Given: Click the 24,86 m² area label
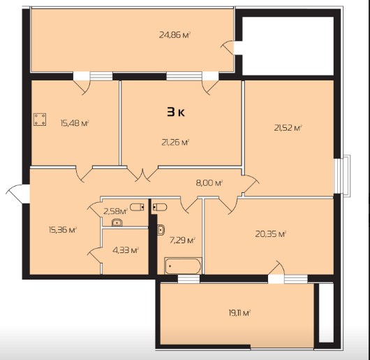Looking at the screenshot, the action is tap(175, 35).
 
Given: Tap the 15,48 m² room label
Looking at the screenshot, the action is tap(75, 123).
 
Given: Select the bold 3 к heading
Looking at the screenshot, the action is tap(176, 112).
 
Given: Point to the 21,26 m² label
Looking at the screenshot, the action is tap(176, 142).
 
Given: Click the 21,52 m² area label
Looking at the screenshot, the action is tap(288, 128).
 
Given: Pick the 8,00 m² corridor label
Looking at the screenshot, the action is tap(209, 183).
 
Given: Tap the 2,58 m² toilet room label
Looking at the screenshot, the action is tap(116, 211).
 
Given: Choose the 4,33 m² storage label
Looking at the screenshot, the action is tap(126, 250).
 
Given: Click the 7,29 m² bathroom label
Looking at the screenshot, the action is tap(182, 240).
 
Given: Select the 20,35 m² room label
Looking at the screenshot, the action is tap(271, 234).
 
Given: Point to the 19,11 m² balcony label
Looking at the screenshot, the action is tap(239, 313).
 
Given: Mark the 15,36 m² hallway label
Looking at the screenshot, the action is tap(63, 229).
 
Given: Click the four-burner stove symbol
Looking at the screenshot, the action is tap(40, 120).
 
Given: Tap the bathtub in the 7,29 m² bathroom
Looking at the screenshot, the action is tap(183, 266).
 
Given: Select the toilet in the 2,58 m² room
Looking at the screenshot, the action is tap(137, 207).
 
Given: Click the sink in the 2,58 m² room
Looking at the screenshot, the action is tap(117, 222).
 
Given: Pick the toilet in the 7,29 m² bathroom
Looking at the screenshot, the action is tap(160, 207).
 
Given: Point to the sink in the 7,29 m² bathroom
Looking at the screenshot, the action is tap(161, 229).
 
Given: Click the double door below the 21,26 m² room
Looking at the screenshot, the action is tap(142, 174).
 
